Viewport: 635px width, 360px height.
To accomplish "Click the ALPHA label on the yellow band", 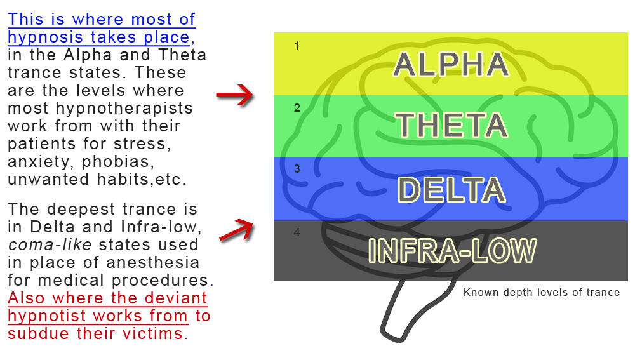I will (x=451, y=65).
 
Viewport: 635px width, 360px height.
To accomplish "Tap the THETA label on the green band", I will (x=451, y=125).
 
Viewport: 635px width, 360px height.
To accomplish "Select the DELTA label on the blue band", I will (x=451, y=190).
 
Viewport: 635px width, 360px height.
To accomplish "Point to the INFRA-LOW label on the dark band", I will (x=452, y=251).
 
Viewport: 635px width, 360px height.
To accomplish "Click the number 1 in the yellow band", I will (x=297, y=46).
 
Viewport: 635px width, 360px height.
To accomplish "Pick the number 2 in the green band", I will (x=297, y=108).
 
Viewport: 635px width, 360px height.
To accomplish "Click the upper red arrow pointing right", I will (x=236, y=96).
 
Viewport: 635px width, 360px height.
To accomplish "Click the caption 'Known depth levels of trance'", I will (x=542, y=293).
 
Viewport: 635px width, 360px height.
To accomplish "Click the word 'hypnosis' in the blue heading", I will (x=39, y=37).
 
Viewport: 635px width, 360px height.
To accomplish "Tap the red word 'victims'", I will (x=154, y=333).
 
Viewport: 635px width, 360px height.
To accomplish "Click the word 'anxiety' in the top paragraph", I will (x=37, y=162).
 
